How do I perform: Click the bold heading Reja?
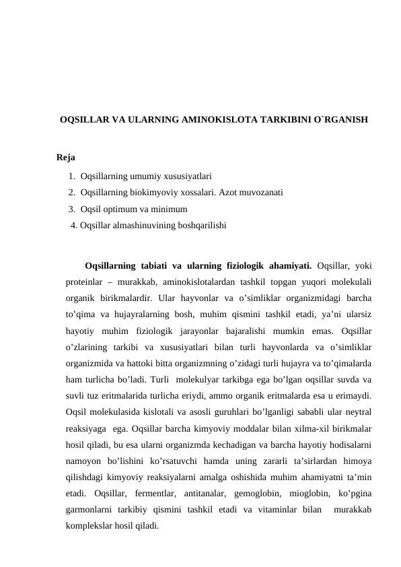[66, 158]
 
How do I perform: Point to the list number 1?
[71, 176]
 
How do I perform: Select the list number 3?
[71, 209]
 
